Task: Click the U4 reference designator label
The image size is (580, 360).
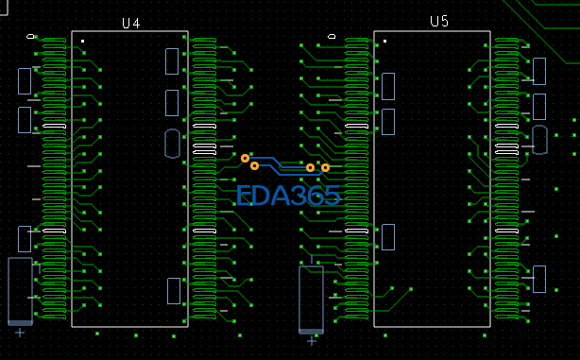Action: [x=131, y=24]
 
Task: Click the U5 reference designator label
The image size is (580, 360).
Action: [x=439, y=21]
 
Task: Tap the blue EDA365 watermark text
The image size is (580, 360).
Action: [x=288, y=196]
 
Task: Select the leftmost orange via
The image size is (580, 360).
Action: [x=245, y=159]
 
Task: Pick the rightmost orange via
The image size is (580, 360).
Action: [x=325, y=168]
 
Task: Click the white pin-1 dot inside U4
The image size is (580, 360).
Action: [x=82, y=41]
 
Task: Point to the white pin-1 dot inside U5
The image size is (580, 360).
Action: [x=385, y=41]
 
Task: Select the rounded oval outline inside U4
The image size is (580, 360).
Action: [x=172, y=144]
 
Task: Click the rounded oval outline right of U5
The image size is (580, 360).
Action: [x=539, y=140]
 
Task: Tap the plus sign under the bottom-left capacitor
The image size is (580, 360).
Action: [x=20, y=333]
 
